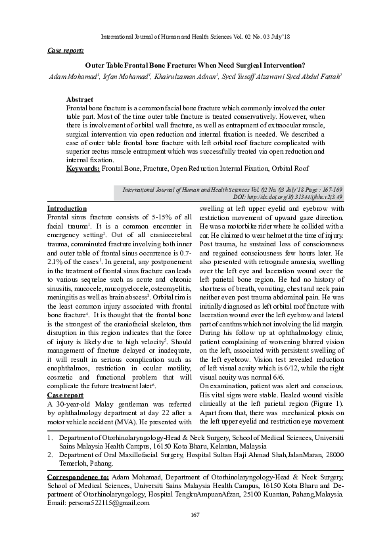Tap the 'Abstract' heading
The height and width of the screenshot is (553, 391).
(x=80, y=99)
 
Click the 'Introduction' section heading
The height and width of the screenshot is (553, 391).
(x=67, y=208)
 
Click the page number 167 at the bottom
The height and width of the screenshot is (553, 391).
(x=195, y=532)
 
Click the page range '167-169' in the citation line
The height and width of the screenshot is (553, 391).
(x=330, y=189)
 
